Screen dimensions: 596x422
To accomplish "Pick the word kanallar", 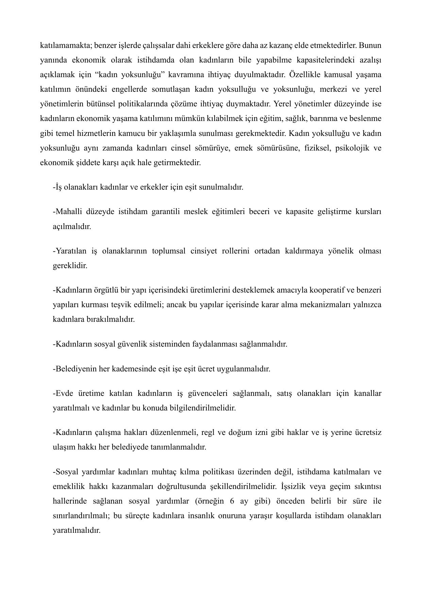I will click(x=368, y=393).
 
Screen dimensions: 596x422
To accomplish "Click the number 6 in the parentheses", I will click(x=232, y=502).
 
